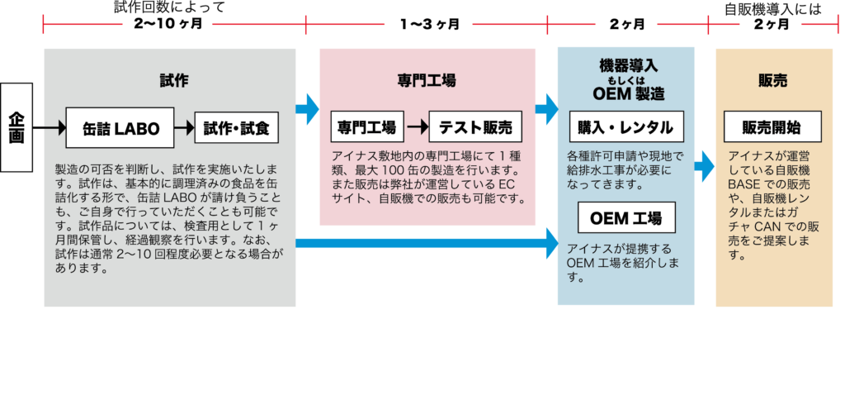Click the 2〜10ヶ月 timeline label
(x=168, y=24)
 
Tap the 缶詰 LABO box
(x=120, y=128)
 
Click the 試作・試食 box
(x=236, y=128)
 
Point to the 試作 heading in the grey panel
(x=174, y=80)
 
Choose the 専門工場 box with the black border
(x=367, y=127)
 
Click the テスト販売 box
(x=475, y=127)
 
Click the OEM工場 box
(x=626, y=218)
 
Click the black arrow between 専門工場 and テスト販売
(x=418, y=127)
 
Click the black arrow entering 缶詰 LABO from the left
(x=54, y=128)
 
